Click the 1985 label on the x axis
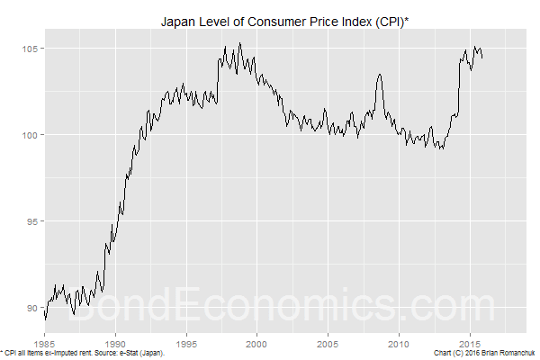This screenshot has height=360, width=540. [x=45, y=343]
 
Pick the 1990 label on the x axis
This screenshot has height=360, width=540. [x=116, y=343]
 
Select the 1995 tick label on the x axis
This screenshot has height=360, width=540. [x=186, y=343]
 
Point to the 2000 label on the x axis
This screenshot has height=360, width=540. [x=257, y=343]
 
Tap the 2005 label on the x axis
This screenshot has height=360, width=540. [x=328, y=343]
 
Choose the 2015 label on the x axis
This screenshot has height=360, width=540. [x=470, y=343]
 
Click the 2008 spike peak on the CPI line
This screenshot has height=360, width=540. [x=380, y=75]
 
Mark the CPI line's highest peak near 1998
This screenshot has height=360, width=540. [x=239, y=43]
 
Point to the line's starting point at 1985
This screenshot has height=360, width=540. [x=45, y=314]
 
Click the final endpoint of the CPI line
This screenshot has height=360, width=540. [x=482, y=58]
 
